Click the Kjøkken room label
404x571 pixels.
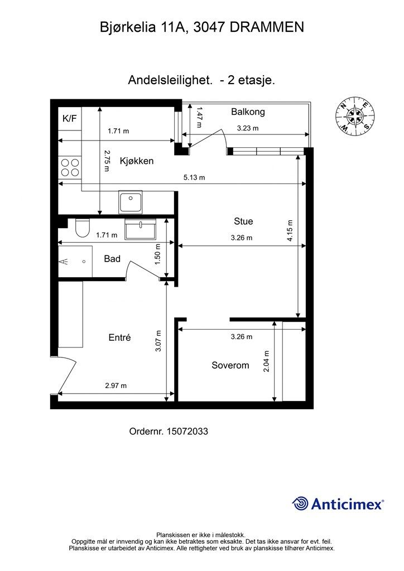click(x=137, y=161)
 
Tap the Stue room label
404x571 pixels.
click(x=243, y=221)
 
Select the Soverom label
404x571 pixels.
click(x=230, y=365)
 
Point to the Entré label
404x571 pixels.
click(x=119, y=337)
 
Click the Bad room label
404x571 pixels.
click(x=112, y=259)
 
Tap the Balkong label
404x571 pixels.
click(x=248, y=112)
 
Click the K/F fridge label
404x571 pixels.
click(x=70, y=118)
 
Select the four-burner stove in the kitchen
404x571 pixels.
click(x=70, y=167)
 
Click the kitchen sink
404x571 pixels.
click(x=131, y=201)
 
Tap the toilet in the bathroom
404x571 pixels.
click(x=82, y=228)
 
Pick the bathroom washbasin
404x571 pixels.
click(x=140, y=229)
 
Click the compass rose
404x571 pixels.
click(x=355, y=117)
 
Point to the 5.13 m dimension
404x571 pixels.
click(x=194, y=178)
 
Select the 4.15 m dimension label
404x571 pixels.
click(x=290, y=230)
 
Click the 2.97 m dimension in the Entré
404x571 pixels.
click(x=116, y=386)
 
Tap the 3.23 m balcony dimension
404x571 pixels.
click(x=248, y=128)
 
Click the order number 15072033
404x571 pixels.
click(x=187, y=432)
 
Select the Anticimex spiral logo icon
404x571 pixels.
click(x=301, y=504)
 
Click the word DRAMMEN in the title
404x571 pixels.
click(x=267, y=28)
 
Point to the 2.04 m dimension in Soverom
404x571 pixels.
click(x=266, y=361)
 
